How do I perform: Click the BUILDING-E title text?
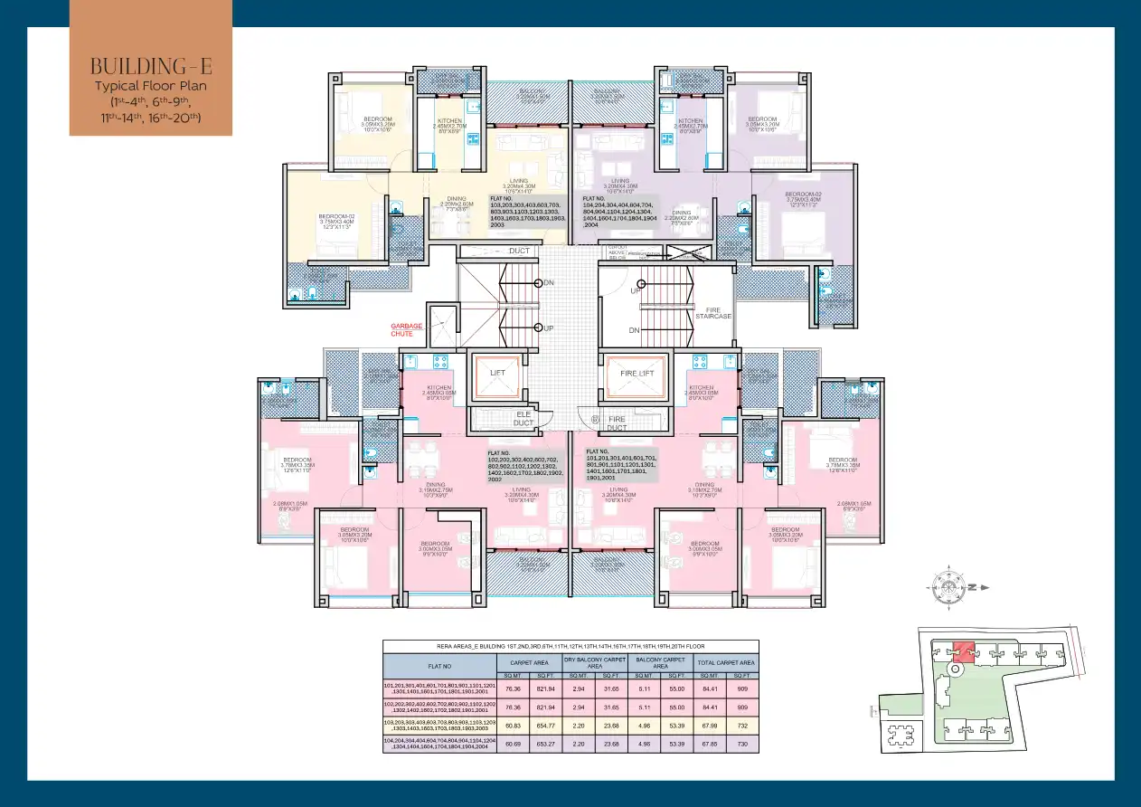150,66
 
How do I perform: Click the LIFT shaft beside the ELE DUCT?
498,373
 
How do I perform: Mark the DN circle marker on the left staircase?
538,283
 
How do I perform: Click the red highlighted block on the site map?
964,651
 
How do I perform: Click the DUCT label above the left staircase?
519,251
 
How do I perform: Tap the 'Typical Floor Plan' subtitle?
150,86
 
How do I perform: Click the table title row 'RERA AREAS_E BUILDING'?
570,646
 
